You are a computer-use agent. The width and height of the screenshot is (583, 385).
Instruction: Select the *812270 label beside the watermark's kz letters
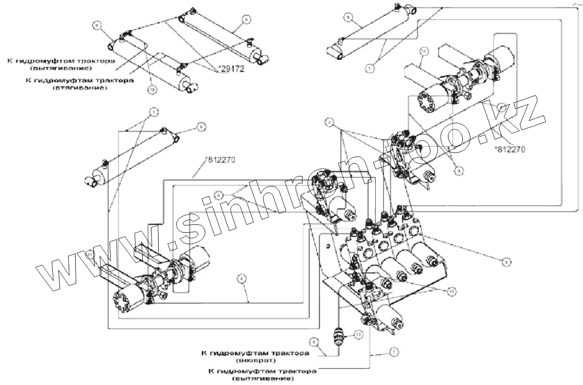[x=510, y=149]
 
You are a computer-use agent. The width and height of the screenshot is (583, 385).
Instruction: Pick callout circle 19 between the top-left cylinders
[x=152, y=89]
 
